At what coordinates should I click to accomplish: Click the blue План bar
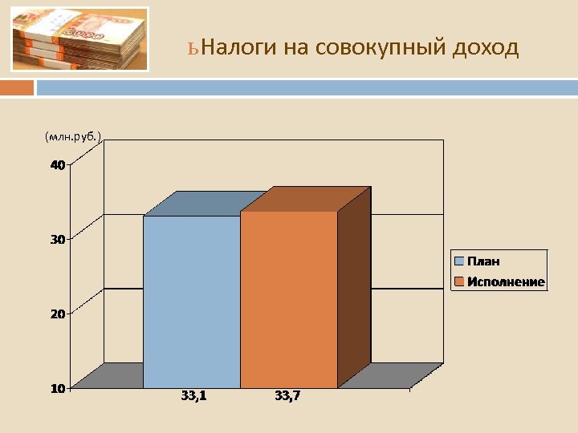[191, 302]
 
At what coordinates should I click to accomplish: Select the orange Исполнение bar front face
[288, 300]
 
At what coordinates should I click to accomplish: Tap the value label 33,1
[193, 395]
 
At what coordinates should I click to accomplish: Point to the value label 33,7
[287, 395]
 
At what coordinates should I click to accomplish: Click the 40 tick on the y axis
[57, 165]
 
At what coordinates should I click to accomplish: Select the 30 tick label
[57, 239]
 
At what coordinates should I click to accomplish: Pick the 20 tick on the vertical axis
[57, 314]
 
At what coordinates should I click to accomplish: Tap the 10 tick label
[57, 388]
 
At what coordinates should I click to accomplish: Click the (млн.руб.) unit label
[74, 137]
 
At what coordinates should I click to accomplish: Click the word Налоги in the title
[240, 49]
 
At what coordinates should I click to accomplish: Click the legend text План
[484, 261]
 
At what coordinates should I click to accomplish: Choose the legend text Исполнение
[506, 281]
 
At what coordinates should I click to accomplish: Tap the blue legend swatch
[459, 261]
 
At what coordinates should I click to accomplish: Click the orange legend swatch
[459, 281]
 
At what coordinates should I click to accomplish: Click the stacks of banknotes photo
[80, 39]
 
